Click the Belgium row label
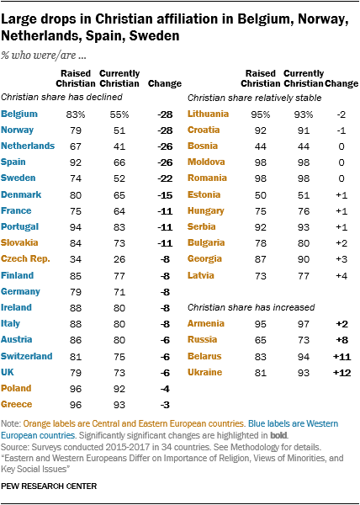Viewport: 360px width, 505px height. (19, 114)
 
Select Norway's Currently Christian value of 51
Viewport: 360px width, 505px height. (119, 130)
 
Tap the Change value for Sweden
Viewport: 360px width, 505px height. (166, 178)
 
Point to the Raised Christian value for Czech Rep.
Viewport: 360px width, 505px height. (76, 259)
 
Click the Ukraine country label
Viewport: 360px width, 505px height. (204, 372)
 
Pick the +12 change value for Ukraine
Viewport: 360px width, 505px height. (341, 373)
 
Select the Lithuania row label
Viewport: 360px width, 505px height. (208, 114)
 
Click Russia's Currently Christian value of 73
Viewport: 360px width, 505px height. (304, 340)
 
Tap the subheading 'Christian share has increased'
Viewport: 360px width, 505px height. (251, 307)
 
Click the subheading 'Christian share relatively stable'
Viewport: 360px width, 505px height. (255, 98)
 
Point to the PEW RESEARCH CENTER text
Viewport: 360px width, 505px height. (49, 486)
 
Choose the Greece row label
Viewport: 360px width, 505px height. (17, 404)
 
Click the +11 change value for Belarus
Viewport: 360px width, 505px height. (341, 357)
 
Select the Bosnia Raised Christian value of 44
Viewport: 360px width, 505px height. (260, 146)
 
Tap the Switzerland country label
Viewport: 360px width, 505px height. (26, 356)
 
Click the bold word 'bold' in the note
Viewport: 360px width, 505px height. (278, 435)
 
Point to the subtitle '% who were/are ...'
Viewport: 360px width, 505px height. (43, 56)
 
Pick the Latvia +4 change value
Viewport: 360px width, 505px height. (341, 276)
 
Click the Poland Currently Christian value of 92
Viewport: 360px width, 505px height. (119, 389)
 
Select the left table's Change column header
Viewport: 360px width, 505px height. (165, 83)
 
